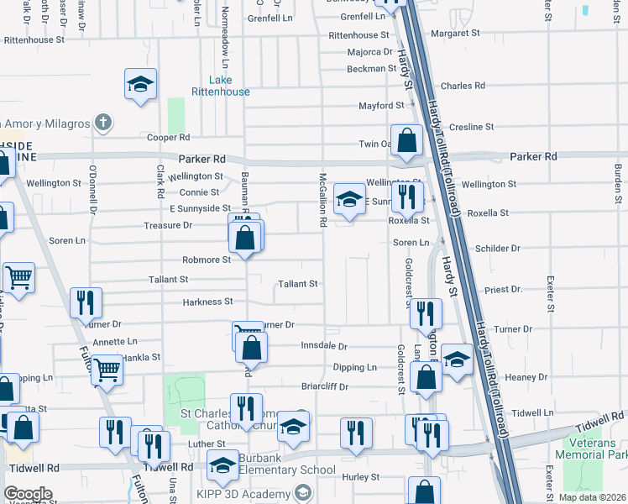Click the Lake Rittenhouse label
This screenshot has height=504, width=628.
tap(220, 86)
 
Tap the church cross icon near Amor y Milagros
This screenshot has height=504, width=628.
tap(102, 123)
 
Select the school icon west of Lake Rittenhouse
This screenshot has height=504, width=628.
tap(141, 84)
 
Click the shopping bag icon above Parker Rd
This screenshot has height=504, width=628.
tap(406, 141)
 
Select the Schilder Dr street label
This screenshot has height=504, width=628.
tap(498, 249)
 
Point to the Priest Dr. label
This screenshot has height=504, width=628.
tap(503, 289)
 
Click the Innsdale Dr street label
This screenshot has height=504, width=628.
tap(323, 346)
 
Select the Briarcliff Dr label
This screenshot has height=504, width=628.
tap(324, 387)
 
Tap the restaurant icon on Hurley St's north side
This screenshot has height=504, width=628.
tap(356, 432)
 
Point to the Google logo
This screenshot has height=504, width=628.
tap(28, 494)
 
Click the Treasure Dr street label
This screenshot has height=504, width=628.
tap(169, 225)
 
